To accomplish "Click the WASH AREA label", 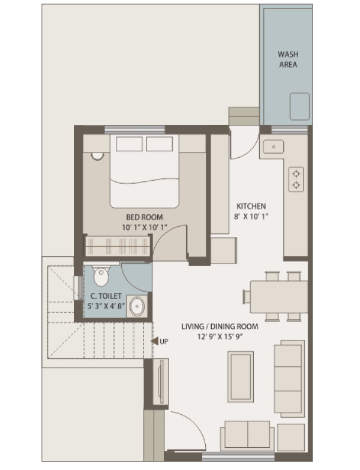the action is click(x=288, y=59).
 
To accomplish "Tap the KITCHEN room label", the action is click(x=251, y=206).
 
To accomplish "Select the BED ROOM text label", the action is click(x=145, y=217).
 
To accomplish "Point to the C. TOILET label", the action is click(x=106, y=296).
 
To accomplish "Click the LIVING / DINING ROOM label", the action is click(x=220, y=327).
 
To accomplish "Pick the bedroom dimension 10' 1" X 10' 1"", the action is click(x=145, y=227).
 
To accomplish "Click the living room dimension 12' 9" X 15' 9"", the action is click(x=220, y=337).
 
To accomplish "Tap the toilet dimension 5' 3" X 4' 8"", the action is click(x=106, y=306).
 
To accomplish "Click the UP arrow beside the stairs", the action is click(x=155, y=341).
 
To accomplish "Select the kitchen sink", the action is click(x=273, y=147).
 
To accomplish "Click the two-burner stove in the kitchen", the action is click(x=296, y=179).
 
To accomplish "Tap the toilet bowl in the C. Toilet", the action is click(x=101, y=276).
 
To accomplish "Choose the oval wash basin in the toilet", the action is click(x=137, y=306).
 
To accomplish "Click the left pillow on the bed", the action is click(x=129, y=144).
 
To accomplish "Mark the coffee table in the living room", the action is click(x=241, y=377).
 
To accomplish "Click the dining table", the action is click(x=279, y=297).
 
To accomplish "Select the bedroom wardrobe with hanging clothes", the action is click(x=118, y=246).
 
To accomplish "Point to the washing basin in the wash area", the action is click(x=299, y=106).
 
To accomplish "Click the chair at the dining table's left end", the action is click(x=247, y=297).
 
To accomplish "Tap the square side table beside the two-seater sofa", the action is click(x=291, y=437).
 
